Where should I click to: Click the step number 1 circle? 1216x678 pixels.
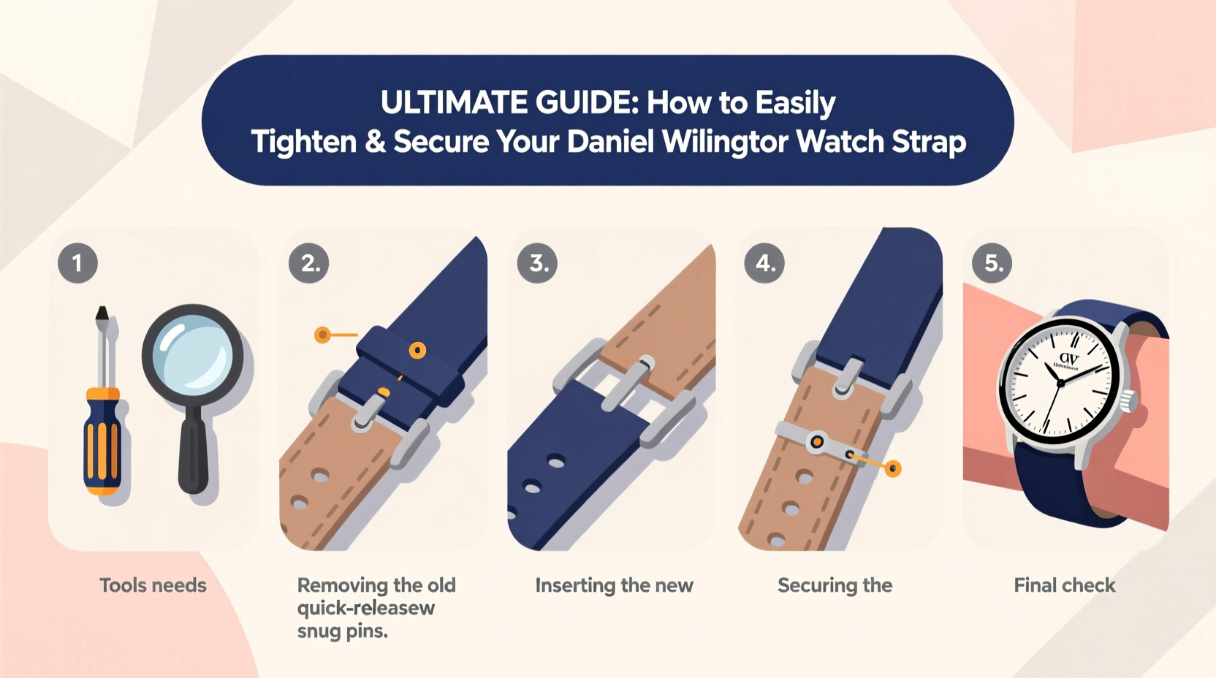(77, 263)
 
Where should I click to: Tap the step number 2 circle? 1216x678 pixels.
(309, 263)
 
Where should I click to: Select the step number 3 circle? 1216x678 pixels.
(537, 263)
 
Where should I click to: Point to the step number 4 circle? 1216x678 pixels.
(764, 263)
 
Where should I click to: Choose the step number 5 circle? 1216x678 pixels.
(992, 263)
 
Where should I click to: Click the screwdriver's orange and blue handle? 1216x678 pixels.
(103, 442)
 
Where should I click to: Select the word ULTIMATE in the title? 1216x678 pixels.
(455, 103)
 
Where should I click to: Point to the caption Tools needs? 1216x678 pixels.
(153, 585)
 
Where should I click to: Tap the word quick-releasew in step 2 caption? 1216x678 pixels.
(366, 608)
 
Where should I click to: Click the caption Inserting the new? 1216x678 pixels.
(614, 585)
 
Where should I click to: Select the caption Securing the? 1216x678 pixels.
(835, 585)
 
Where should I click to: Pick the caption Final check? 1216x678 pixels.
(1064, 585)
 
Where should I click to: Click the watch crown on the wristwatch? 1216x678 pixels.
(1130, 400)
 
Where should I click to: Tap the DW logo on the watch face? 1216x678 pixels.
(1068, 359)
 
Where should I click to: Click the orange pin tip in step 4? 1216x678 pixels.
(893, 468)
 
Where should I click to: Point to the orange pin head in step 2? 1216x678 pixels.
(322, 335)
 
